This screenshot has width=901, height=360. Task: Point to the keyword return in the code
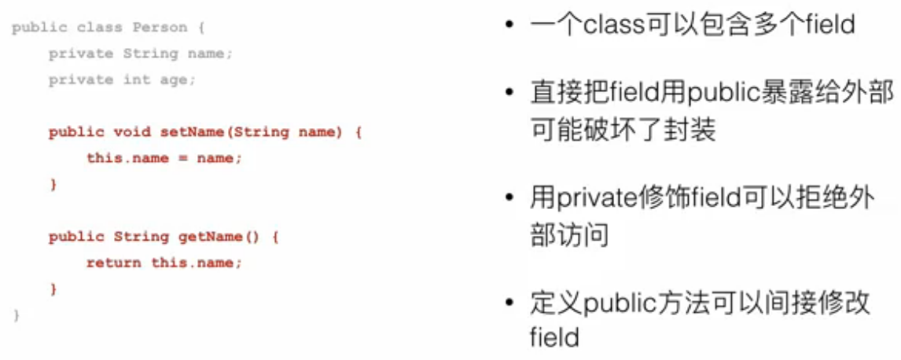[x=113, y=263]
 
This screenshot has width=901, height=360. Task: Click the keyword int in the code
[x=137, y=80]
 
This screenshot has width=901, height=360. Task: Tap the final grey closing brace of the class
[x=17, y=315]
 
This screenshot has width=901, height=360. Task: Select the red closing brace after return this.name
[x=54, y=288]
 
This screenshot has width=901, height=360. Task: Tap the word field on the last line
[x=554, y=338]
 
